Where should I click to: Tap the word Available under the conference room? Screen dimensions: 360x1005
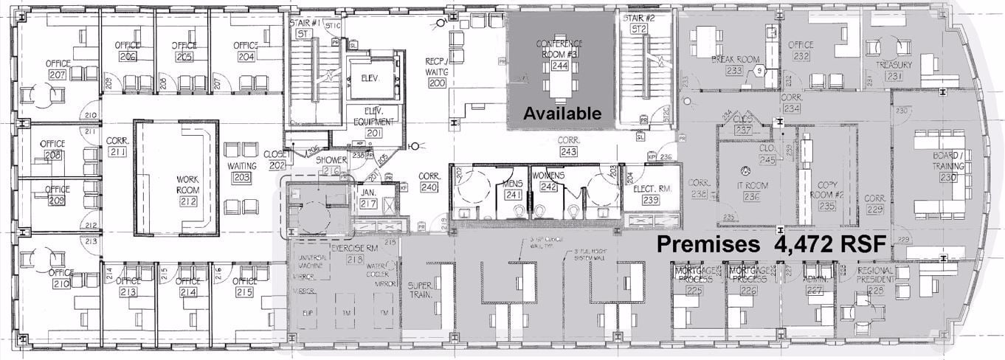(x=562, y=113)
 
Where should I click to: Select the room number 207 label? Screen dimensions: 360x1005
(x=56, y=75)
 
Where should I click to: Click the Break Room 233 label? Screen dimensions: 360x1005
(x=734, y=65)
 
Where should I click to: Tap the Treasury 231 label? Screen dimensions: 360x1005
(x=894, y=70)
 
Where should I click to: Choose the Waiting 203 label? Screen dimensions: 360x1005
(x=241, y=171)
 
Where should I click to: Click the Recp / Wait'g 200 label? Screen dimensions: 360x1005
(x=438, y=72)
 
